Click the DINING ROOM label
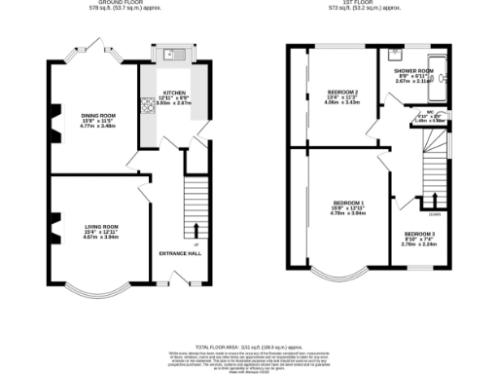pos(98,115)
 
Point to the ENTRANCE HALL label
pos(180,253)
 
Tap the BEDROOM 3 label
pos(420,234)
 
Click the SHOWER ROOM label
pos(412,71)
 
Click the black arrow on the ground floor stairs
pos(197,231)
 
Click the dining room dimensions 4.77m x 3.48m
pos(98,126)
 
